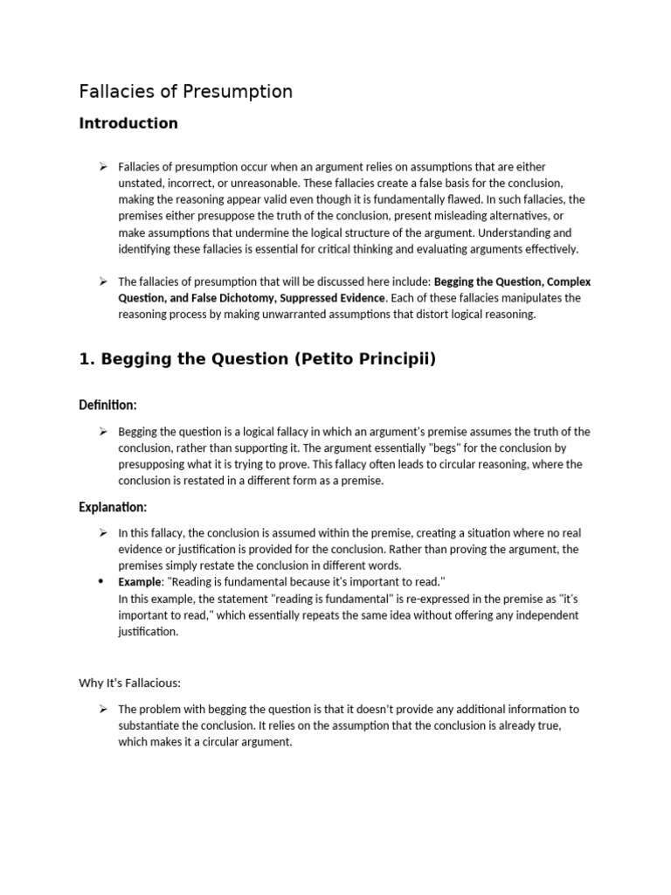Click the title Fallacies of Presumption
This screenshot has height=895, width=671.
click(x=185, y=92)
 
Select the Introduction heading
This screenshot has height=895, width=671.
click(x=128, y=123)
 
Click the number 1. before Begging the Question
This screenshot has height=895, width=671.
click(x=86, y=359)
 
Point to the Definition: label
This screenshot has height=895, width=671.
click(x=107, y=405)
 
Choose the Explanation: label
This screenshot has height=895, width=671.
click(x=113, y=507)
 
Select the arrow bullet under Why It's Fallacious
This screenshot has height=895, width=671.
click(x=102, y=709)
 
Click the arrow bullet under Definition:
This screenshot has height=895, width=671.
click(x=102, y=432)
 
